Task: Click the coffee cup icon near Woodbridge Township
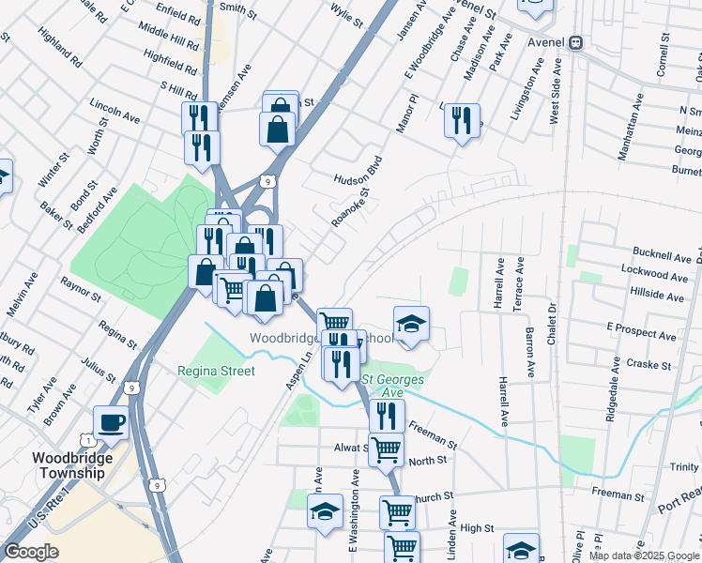pos(111,422)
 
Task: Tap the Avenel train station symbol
pos(576,42)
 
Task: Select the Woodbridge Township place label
pos(72,464)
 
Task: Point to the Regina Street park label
pos(217,371)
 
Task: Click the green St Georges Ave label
pos(394,384)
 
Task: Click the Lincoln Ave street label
pos(114,114)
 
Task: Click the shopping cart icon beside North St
pos(386,450)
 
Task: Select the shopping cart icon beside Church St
pos(397,511)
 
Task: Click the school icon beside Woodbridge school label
pos(410,323)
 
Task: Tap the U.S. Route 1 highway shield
pos(88,440)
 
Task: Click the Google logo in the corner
pos(31,552)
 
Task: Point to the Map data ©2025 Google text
pos(644,555)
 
